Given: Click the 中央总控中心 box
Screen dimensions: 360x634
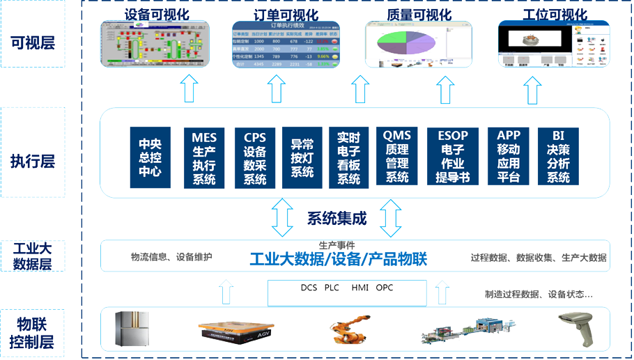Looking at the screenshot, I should pos(150,157).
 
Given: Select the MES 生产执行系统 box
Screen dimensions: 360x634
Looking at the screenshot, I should pos(204,157).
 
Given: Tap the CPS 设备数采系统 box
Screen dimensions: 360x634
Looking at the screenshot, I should pos(255,157).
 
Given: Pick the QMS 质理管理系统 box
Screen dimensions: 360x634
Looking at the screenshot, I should pos(397,156).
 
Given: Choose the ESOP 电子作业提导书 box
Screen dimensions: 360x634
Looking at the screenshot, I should pos(453,156).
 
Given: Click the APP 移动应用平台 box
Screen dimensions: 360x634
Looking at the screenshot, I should pos(509,156).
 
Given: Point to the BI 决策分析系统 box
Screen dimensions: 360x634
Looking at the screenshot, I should pos(558,156).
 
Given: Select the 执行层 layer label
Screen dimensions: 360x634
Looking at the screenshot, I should pos(33,162).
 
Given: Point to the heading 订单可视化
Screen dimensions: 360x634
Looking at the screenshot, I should pos(286,15).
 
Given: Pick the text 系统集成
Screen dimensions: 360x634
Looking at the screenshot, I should pos(337,219).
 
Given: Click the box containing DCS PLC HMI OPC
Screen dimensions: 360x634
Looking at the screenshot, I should pos(347,292).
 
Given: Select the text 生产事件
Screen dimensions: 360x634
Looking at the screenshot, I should pos(337,245).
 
